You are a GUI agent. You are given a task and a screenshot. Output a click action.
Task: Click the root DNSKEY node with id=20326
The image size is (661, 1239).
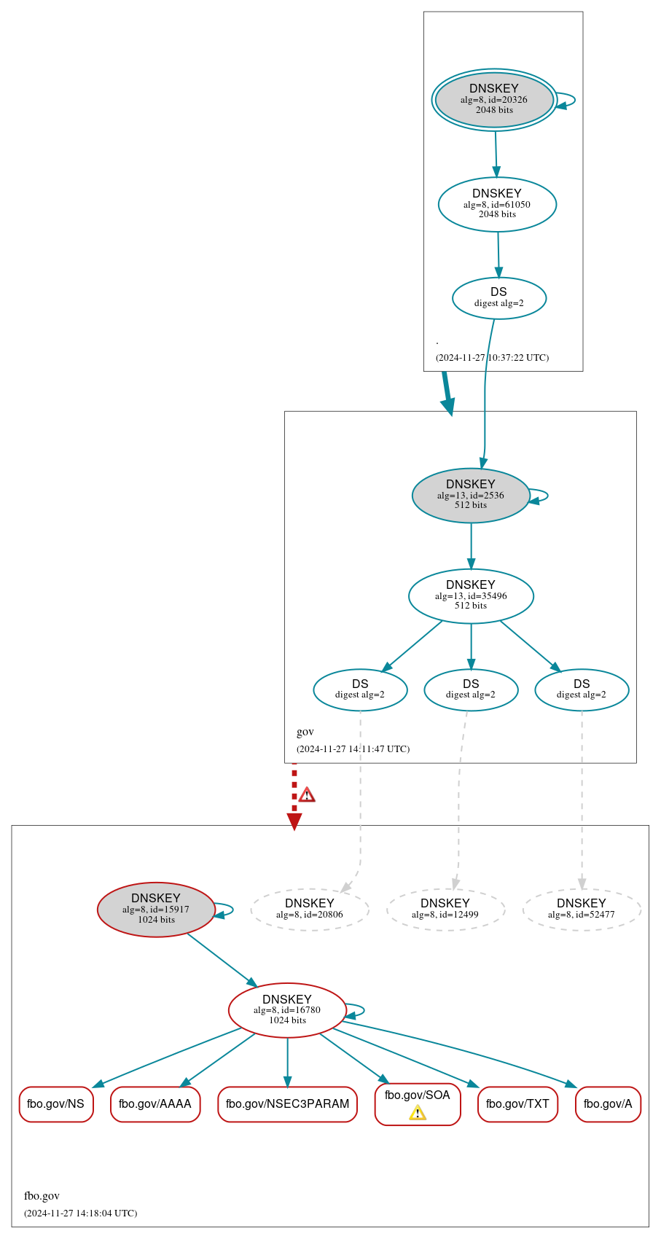pyautogui.click(x=494, y=100)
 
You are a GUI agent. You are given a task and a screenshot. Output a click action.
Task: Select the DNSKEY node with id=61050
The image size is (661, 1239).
pyautogui.click(x=497, y=204)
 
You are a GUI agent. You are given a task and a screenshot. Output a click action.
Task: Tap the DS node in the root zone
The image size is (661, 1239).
pyautogui.click(x=498, y=297)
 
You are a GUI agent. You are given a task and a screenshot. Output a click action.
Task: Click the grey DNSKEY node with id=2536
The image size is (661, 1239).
pyautogui.click(x=470, y=495)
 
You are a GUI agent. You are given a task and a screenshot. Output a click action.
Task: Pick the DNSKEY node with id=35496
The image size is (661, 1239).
pyautogui.click(x=471, y=595)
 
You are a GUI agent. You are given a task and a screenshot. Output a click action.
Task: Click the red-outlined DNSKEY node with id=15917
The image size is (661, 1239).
pyautogui.click(x=156, y=909)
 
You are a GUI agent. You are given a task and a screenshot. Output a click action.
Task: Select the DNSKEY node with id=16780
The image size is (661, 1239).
pyautogui.click(x=287, y=1009)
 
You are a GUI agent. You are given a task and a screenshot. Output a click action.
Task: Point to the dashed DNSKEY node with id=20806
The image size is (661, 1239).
pyautogui.click(x=310, y=909)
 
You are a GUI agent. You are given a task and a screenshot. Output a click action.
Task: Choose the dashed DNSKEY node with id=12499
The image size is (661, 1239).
pyautogui.click(x=445, y=909)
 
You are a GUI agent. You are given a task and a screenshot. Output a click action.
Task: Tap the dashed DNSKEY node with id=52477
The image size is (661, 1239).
pyautogui.click(x=582, y=909)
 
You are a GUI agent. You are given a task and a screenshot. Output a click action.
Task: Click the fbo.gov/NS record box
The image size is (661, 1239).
pyautogui.click(x=56, y=1103)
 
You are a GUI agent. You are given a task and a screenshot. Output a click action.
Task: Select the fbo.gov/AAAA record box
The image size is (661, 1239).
pyautogui.click(x=155, y=1103)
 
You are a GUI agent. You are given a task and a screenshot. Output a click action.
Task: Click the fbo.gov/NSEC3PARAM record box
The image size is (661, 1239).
pyautogui.click(x=287, y=1103)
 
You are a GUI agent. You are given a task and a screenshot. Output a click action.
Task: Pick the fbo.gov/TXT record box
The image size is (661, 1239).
pyautogui.click(x=517, y=1103)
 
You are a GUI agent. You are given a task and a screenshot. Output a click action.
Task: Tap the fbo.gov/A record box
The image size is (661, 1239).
pyautogui.click(x=608, y=1103)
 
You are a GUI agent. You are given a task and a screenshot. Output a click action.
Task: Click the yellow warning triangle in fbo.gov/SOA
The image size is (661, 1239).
pyautogui.click(x=418, y=1112)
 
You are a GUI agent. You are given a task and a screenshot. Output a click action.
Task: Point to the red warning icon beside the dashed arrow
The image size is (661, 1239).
pyautogui.click(x=307, y=794)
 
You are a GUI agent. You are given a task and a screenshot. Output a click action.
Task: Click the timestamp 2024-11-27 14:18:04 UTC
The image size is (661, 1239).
pyautogui.click(x=80, y=1213)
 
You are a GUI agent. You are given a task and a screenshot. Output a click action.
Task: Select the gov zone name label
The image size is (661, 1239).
pyautogui.click(x=305, y=732)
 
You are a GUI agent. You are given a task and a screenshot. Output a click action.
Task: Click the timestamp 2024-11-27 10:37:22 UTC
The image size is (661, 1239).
pyautogui.click(x=492, y=357)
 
